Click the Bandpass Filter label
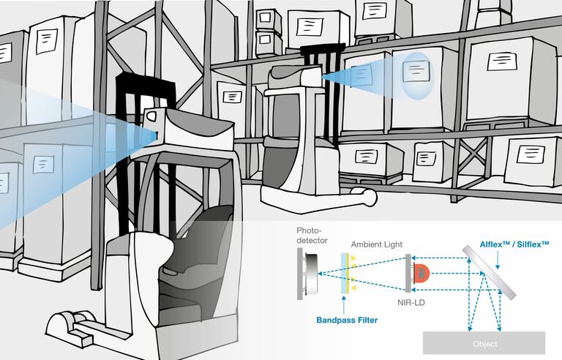[347, 320]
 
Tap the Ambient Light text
[377, 244]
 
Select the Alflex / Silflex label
[514, 244]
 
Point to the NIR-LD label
[411, 302]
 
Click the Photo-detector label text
[312, 235]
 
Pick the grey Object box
[484, 343]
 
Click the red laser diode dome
[421, 273]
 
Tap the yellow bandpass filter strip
[347, 273]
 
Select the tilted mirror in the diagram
[490, 272]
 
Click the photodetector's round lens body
[312, 273]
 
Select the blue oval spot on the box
[416, 75]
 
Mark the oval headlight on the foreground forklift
[151, 116]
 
